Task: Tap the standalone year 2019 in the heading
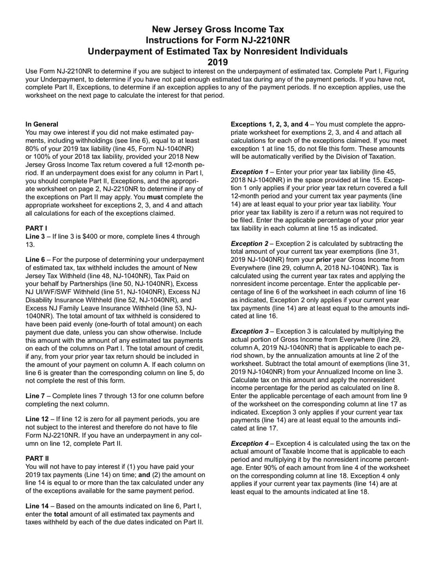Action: coord(217,62)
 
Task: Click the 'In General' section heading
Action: coord(42,124)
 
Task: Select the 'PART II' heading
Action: coord(38,458)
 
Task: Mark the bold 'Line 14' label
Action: coord(39,506)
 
